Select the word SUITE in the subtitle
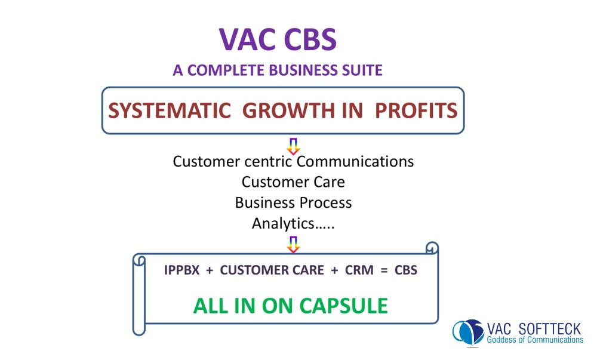pos(361,70)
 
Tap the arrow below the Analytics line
pos(293,244)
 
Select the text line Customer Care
pos(293,181)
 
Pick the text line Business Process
pos(293,202)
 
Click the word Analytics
pos(282,223)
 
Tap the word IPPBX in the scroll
pos(181,270)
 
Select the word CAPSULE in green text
pos(343,306)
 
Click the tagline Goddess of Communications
pos(535,340)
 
